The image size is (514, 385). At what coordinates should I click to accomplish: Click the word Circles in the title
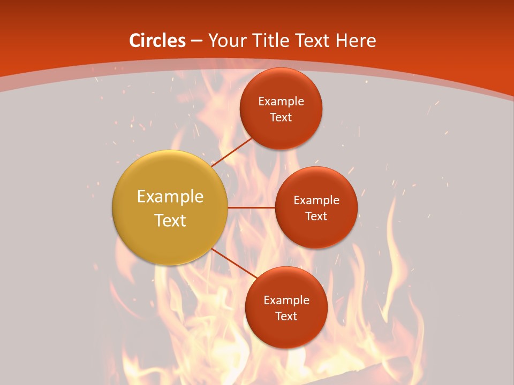pos(157,40)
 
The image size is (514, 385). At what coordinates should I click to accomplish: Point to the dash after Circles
pos(196,41)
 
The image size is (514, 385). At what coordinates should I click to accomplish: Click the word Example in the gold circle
pos(170,196)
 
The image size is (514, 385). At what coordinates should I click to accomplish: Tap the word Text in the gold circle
pos(170,220)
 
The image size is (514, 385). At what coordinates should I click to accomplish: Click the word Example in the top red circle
pos(281,101)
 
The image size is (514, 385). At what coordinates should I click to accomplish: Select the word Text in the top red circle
pos(281,117)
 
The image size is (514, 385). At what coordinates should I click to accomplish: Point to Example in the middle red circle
pos(316,200)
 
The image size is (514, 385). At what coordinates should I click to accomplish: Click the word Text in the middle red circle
pos(316,216)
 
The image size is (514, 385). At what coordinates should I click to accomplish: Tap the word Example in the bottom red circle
pos(286,300)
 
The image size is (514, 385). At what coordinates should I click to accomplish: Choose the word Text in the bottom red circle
pos(286,316)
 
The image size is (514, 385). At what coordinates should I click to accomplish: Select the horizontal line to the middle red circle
pos(251,207)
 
